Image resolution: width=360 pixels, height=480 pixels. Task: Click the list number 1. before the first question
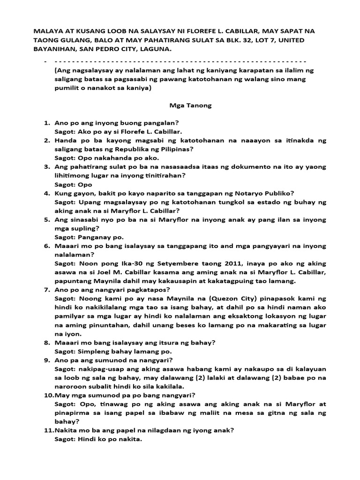(x=47, y=123)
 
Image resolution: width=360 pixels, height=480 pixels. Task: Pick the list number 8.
(x=47, y=343)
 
